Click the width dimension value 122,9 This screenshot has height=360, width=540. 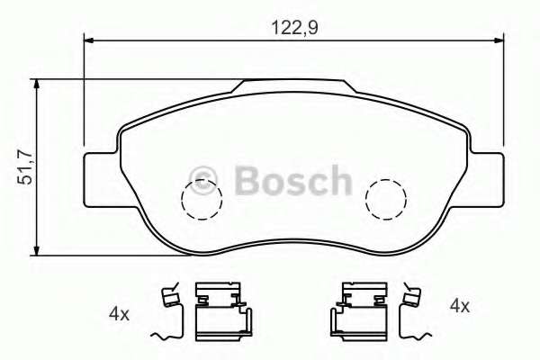point(294,27)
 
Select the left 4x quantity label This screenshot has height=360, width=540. point(119,313)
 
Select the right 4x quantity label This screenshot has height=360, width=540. point(459,306)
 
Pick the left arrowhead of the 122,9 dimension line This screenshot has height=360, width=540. point(89,39)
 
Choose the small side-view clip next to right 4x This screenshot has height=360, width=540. point(413,310)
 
